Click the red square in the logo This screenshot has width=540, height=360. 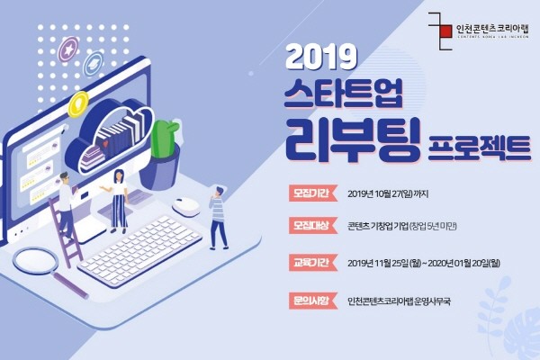coord(445,31)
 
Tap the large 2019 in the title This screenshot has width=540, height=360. coord(321,58)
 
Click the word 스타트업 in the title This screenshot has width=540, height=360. coord(344,94)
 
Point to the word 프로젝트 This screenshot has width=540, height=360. coord(480,148)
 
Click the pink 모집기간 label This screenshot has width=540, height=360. coord(311,193)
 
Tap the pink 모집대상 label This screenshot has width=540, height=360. coord(311,226)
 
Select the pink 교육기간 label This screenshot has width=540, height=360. coord(311,263)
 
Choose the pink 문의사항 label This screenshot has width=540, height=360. coord(311,301)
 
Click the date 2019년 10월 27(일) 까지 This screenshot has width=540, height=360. coord(388,194)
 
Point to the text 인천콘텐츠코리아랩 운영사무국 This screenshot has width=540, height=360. coord(399,301)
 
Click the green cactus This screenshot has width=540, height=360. coord(164,139)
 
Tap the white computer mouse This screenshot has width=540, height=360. coord(186,207)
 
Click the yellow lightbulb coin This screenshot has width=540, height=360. coord(78,103)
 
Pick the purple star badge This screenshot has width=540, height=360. coord(68,49)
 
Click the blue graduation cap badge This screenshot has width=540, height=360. coord(93,64)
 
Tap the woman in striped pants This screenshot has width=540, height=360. coord(118,202)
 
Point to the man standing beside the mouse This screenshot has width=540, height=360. coord(218,218)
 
